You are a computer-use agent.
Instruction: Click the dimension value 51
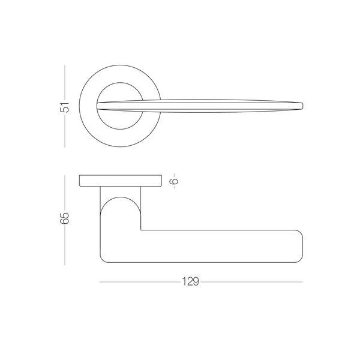tap(65, 107)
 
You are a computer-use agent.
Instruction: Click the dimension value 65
tap(65, 218)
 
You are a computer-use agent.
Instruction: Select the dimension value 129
tap(191, 281)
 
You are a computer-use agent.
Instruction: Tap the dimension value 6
tap(175, 181)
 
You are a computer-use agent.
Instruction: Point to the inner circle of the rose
tap(120, 83)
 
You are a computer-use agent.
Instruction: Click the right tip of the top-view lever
tap(303, 106)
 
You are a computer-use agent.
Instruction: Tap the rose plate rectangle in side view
tap(121, 181)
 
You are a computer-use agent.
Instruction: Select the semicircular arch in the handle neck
tap(121, 197)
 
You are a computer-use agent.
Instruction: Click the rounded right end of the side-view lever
tap(302, 246)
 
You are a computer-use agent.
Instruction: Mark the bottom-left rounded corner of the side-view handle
tap(103, 260)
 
